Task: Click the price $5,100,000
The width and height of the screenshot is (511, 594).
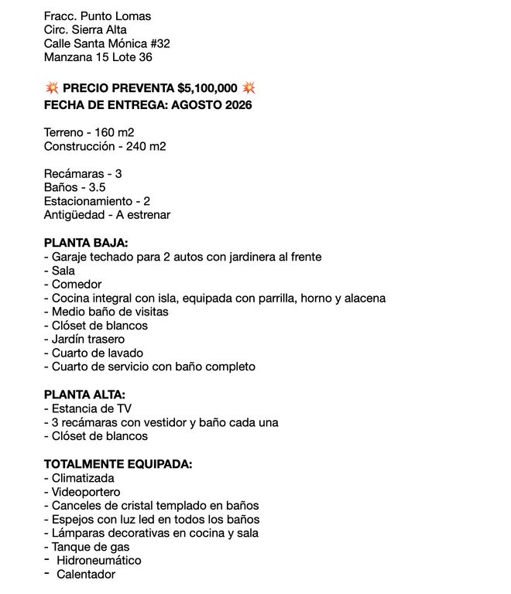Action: [x=207, y=88]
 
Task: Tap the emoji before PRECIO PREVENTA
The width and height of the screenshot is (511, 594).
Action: [x=51, y=88]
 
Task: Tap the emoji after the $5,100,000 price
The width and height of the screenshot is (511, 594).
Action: [x=249, y=88]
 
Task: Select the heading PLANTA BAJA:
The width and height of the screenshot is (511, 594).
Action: [x=86, y=242]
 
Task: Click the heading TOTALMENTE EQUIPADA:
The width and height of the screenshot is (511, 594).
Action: [x=118, y=464]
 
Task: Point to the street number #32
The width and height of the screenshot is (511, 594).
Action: [x=157, y=43]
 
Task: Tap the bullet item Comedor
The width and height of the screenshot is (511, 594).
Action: [x=77, y=284]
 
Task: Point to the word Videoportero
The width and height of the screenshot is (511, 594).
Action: [x=86, y=492]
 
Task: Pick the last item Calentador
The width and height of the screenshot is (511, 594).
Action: [x=86, y=575]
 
